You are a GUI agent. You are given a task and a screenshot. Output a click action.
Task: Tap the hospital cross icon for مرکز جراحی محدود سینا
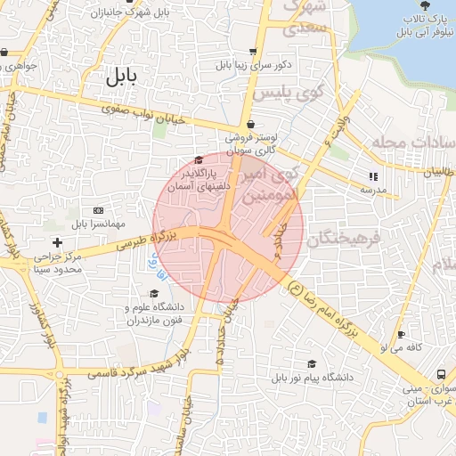click(x=58, y=242)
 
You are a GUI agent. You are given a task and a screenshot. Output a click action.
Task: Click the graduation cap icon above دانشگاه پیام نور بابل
click(x=312, y=363)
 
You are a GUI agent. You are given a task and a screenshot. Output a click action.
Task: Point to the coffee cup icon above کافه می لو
click(x=401, y=334)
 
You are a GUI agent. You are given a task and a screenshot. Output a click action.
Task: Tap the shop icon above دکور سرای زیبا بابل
click(x=254, y=52)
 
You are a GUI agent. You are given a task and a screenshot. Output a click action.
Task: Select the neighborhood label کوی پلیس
click(x=284, y=93)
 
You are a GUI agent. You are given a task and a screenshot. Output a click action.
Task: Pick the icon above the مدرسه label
click(x=372, y=176)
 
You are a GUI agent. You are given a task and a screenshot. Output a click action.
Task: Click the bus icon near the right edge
click(x=441, y=375)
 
